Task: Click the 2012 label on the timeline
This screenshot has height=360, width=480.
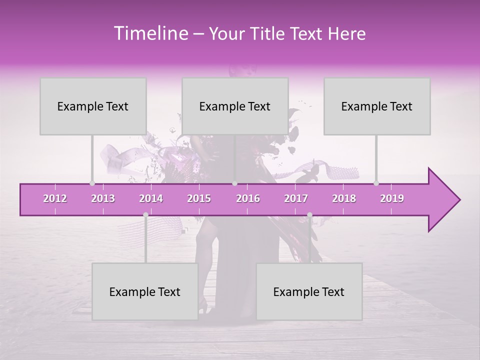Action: pos(55,198)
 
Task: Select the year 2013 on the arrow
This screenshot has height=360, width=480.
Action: pos(103,198)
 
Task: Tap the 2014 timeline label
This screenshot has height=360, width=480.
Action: pos(151,198)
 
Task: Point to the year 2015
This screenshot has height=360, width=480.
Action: pos(199,198)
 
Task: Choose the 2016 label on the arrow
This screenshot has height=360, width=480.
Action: pos(248,198)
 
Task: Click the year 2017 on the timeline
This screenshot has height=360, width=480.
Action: pos(296,198)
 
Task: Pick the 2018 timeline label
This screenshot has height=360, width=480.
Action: pos(344,198)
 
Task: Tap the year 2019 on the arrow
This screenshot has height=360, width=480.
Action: pos(392,198)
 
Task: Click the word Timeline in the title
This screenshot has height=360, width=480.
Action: pos(150,33)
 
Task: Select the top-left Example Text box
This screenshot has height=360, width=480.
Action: pos(93,106)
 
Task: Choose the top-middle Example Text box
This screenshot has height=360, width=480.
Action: pos(235,106)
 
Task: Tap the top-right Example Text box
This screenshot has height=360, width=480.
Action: pos(377,106)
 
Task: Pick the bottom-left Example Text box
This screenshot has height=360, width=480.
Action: pos(145,291)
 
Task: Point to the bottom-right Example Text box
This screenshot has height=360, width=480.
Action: pos(309,291)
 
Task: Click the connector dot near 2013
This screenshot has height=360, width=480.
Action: pos(92,183)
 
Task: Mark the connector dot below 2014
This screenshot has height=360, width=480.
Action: pos(145,215)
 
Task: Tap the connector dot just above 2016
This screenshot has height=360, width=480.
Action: pos(234,183)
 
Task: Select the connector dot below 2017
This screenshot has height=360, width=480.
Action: pos(309,215)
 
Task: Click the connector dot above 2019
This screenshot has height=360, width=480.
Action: pos(376,183)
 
